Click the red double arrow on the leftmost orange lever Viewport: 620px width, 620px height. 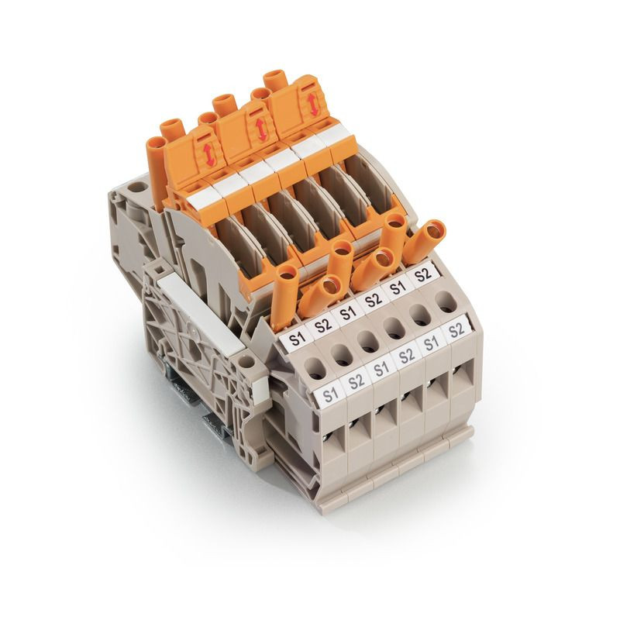[209, 156]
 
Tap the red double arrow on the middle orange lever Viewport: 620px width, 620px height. [260, 129]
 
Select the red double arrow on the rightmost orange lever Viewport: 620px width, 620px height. [314, 105]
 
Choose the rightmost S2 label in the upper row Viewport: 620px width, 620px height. [422, 274]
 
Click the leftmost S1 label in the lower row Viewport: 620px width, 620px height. [331, 394]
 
